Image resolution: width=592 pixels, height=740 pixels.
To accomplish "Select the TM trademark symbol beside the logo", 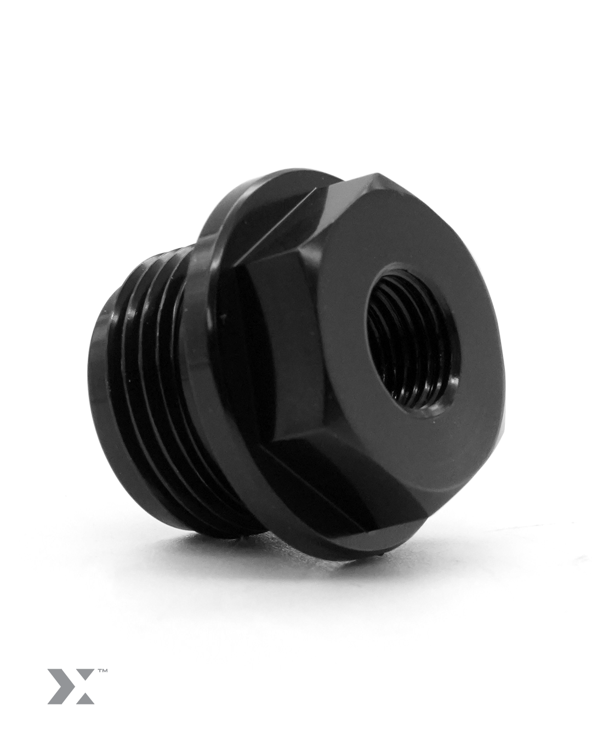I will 102,671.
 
